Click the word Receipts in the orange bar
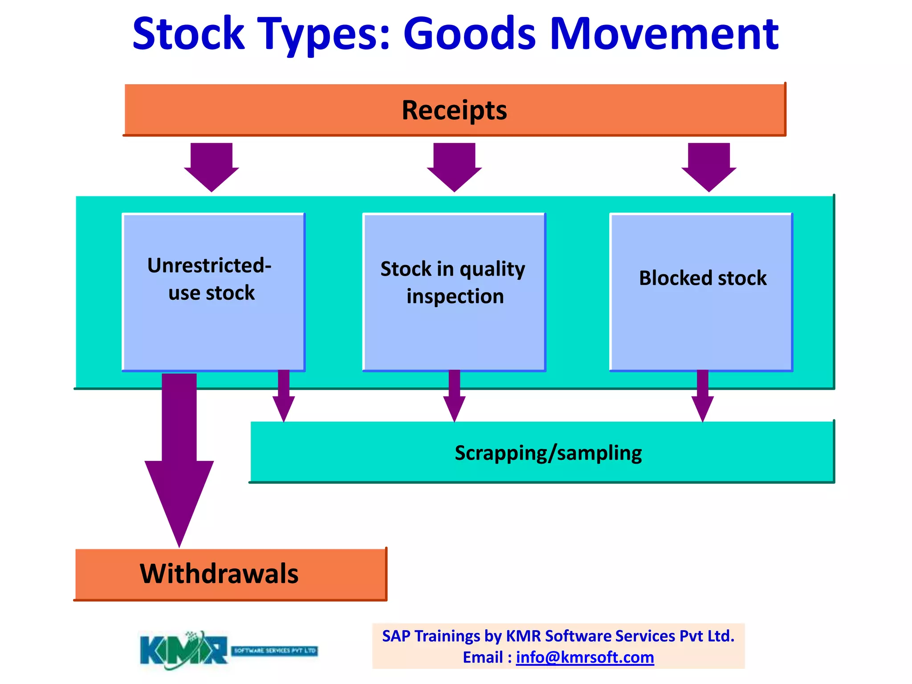[x=454, y=110]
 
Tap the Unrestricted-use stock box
[x=213, y=292]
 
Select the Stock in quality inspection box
[x=454, y=292]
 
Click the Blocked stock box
[x=701, y=292]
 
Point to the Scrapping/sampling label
[x=548, y=453]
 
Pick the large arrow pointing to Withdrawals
[x=179, y=459]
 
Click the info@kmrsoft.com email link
[x=585, y=657]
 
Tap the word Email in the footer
[x=483, y=657]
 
